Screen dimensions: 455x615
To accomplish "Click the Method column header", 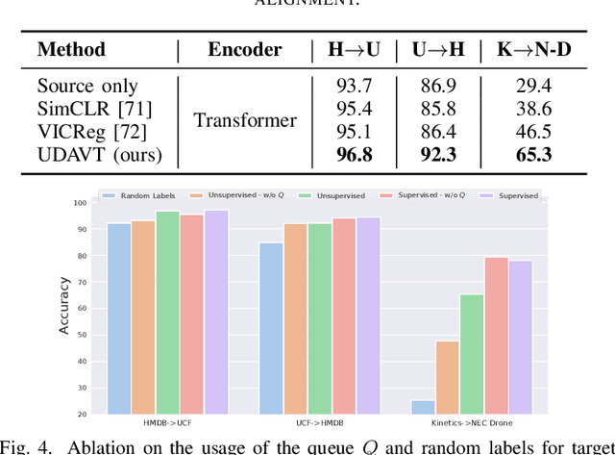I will (x=71, y=49).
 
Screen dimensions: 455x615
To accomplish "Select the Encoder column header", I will (x=245, y=49).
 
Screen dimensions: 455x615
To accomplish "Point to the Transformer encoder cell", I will (x=245, y=119).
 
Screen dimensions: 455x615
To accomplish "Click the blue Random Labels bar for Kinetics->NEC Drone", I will (x=423, y=408).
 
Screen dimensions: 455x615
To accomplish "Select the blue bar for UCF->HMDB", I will (x=271, y=328).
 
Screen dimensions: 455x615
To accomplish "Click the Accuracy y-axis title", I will (x=64, y=307).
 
